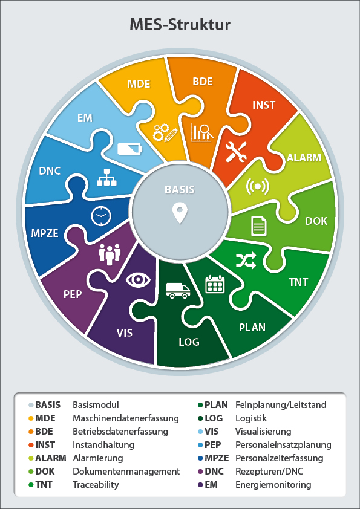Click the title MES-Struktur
pyautogui.click(x=180, y=25)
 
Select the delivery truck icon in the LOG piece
pyautogui.click(x=178, y=290)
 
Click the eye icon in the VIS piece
pyautogui.click(x=139, y=280)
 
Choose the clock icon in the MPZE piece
pyautogui.click(x=101, y=216)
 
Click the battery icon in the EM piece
pyautogui.click(x=129, y=149)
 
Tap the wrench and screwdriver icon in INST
pyautogui.click(x=236, y=152)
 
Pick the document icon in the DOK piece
pyautogui.click(x=259, y=227)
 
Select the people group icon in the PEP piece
pyautogui.click(x=110, y=254)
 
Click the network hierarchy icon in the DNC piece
pyautogui.click(x=106, y=177)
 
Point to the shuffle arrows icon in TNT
pyautogui.click(x=246, y=261)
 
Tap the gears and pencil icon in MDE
pyautogui.click(x=165, y=132)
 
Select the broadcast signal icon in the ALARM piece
pyautogui.click(x=258, y=187)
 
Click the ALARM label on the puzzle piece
pyautogui.click(x=304, y=157)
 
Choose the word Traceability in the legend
pyautogui.click(x=96, y=485)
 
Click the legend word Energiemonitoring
pyautogui.click(x=273, y=485)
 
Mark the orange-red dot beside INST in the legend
pyautogui.click(x=31, y=445)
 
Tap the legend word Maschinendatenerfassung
pyautogui.click(x=126, y=418)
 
